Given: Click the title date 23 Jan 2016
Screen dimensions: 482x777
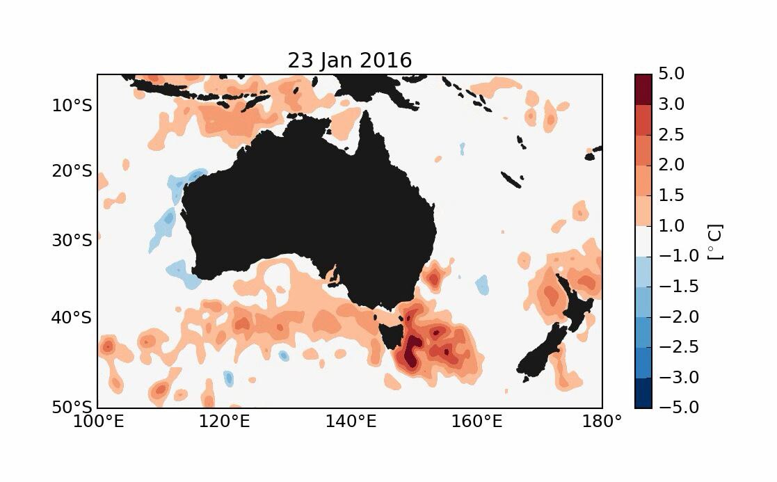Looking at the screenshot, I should coord(350,61).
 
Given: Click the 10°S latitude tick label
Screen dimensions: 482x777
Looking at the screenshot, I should coord(72,106).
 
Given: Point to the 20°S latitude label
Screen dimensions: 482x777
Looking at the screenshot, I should coord(72,171).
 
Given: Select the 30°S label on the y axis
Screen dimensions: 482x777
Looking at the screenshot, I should coord(72,241).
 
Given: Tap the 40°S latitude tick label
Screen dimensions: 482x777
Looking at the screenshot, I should coord(72,318).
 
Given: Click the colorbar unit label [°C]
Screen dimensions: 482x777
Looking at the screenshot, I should coord(714,241).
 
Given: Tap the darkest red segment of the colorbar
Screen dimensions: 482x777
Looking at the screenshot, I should coord(643,89).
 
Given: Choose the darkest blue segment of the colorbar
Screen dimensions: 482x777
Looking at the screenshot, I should coord(643,393).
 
